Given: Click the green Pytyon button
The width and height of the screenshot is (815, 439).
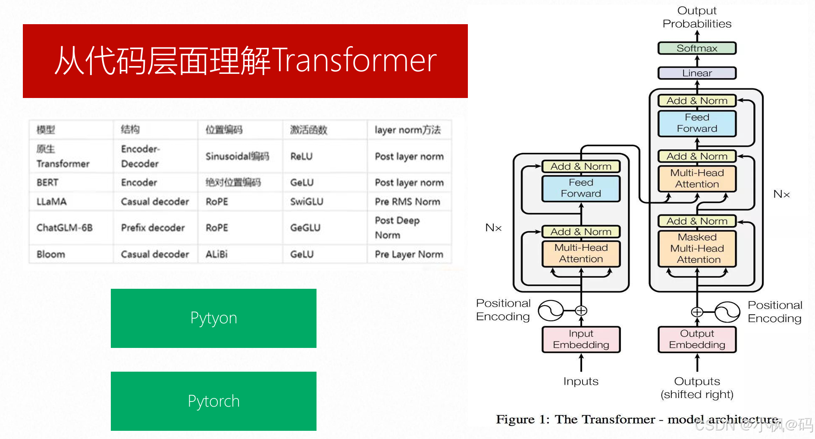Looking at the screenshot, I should pos(213,318).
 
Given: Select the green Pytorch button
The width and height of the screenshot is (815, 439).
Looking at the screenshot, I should pos(213,401).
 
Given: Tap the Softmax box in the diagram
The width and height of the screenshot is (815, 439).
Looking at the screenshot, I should pos(697,48).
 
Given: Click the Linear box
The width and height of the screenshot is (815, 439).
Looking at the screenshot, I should pos(697,73).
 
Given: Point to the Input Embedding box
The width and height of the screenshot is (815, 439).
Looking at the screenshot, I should pos(581,339).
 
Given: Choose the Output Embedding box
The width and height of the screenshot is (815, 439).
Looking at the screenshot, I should pos(697,339).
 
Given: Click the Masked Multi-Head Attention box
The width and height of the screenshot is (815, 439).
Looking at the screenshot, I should pos(697,249).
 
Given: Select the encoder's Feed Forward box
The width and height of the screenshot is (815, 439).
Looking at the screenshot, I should pos(581,188).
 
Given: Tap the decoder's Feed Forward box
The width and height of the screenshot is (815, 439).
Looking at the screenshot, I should pos(697,123).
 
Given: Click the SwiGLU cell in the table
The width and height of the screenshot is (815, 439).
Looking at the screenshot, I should pos(307,202).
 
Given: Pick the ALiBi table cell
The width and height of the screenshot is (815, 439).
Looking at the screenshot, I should pos(216,254).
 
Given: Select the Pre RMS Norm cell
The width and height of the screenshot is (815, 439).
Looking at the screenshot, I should pos(407,202).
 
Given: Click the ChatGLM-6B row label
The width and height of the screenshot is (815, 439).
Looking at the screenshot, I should pos(65,227).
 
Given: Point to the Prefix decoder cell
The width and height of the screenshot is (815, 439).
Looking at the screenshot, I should pos(153,227).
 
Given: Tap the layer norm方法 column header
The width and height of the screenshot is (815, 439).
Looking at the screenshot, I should pos(407,130).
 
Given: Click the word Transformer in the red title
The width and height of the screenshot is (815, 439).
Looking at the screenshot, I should pos(354,60).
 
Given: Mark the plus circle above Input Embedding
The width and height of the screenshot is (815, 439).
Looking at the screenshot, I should pos(581,310).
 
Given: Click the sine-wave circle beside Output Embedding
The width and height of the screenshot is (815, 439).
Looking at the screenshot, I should pos(727,312).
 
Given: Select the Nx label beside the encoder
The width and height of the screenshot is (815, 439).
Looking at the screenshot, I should pos(493,228).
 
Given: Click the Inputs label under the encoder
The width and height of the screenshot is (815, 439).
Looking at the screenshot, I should pos(581,381).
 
